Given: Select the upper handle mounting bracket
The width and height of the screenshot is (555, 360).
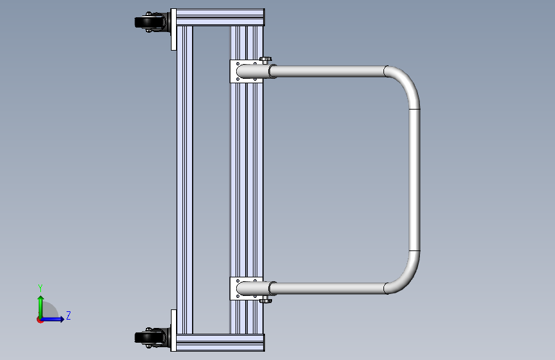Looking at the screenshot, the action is (246, 71).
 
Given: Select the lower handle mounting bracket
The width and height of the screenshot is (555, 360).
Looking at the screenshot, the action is (246, 288).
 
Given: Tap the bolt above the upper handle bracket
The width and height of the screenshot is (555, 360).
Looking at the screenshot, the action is (265, 60).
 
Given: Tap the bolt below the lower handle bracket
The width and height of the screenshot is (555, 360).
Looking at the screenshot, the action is (265, 300).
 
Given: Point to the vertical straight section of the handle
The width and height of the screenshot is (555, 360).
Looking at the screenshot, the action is (414, 180).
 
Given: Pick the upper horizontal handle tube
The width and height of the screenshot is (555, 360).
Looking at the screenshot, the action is (327, 71).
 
